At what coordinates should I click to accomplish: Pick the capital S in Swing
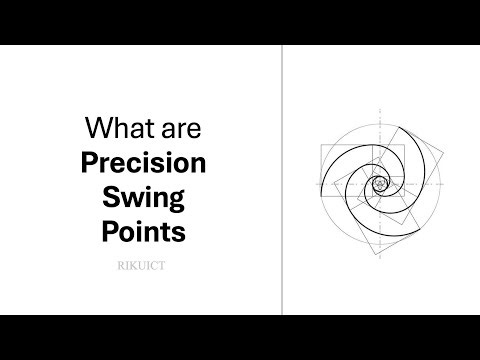[x=109, y=197]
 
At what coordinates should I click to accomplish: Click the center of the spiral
[x=380, y=184]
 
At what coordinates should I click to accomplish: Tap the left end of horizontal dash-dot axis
[x=313, y=184]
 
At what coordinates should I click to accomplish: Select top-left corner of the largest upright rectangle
[x=321, y=146]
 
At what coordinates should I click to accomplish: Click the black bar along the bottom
[x=240, y=337]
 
